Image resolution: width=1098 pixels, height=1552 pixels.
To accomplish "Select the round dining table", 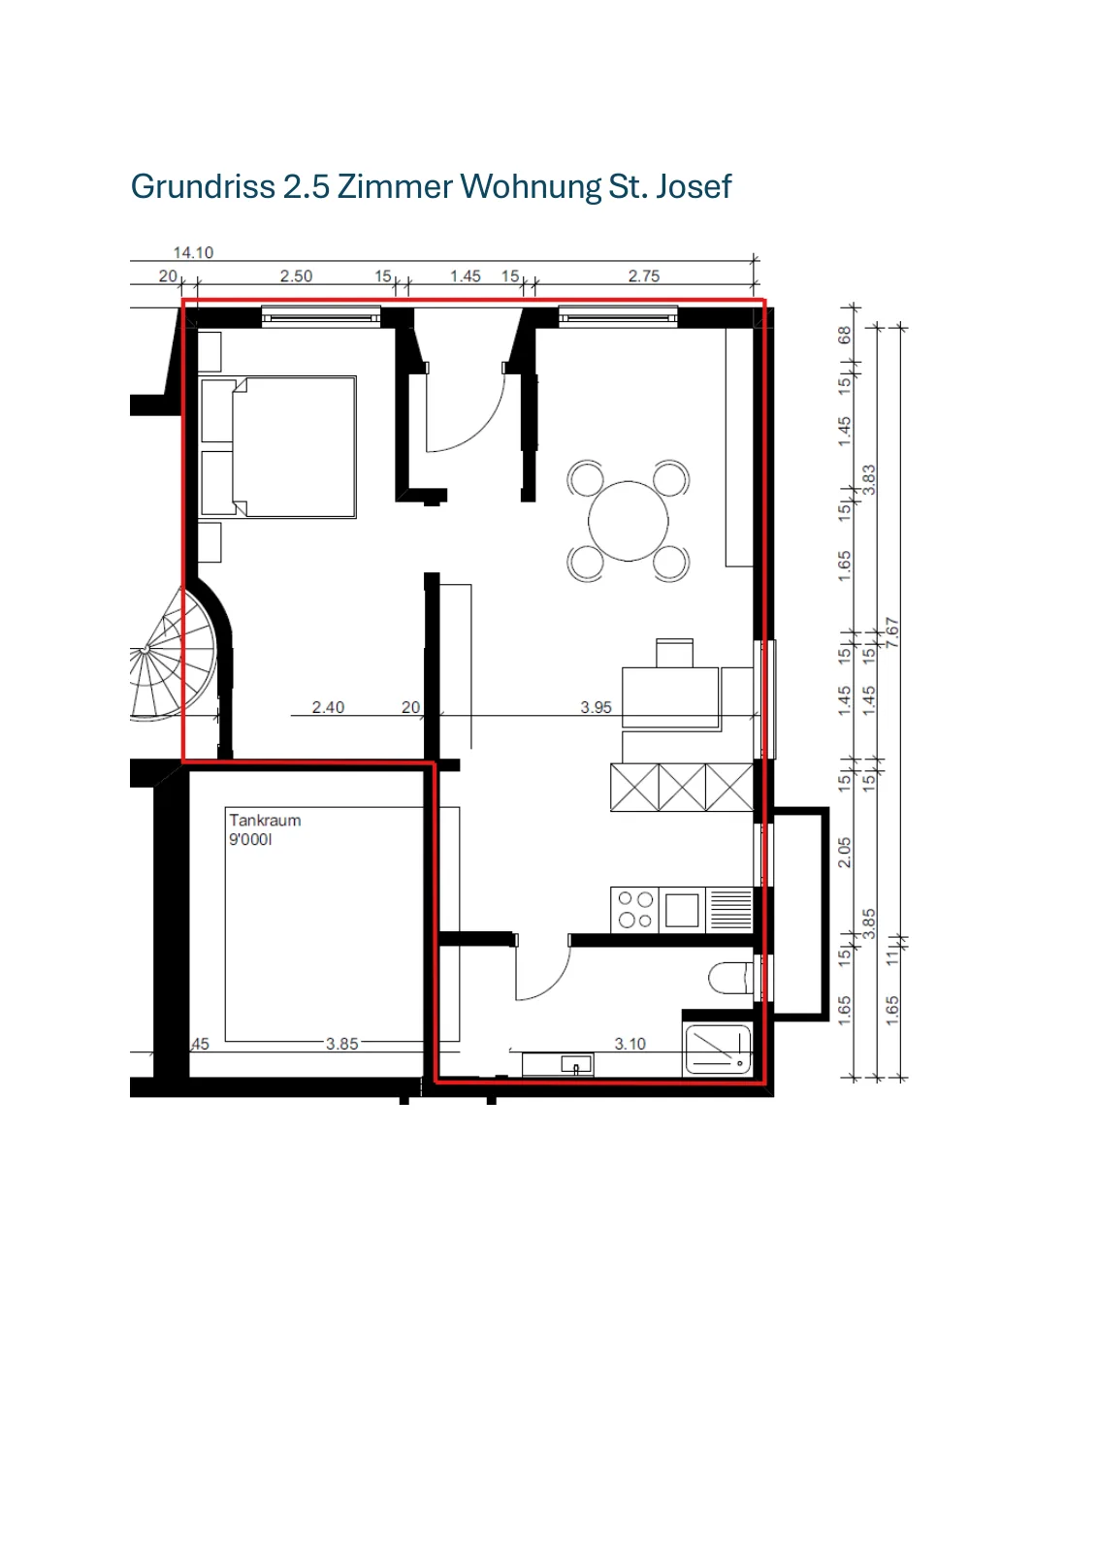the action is (629, 521).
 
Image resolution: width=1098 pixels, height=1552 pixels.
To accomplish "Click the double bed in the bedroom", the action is (277, 447).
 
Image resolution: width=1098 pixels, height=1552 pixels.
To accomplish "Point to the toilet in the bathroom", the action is (730, 978).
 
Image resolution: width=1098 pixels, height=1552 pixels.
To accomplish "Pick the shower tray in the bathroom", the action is (718, 1050).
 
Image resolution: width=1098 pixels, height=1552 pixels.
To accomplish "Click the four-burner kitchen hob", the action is (634, 909).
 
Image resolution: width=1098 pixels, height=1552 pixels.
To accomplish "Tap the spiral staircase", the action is (174, 655).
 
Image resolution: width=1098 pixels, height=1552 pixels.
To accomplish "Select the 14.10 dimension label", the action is (193, 252).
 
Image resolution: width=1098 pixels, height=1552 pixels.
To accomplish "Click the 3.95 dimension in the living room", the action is (596, 707).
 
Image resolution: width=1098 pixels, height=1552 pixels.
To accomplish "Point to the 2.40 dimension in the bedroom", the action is (328, 707).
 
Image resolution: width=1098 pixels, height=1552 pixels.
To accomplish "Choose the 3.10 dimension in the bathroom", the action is (630, 1044).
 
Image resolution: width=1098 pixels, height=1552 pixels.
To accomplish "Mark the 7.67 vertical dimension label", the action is (892, 631).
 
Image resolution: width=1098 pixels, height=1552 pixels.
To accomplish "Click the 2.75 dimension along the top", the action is (643, 275).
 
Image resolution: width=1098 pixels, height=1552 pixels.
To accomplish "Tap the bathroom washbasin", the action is (558, 1064).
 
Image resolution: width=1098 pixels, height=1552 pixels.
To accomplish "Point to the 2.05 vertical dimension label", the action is (844, 853).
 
